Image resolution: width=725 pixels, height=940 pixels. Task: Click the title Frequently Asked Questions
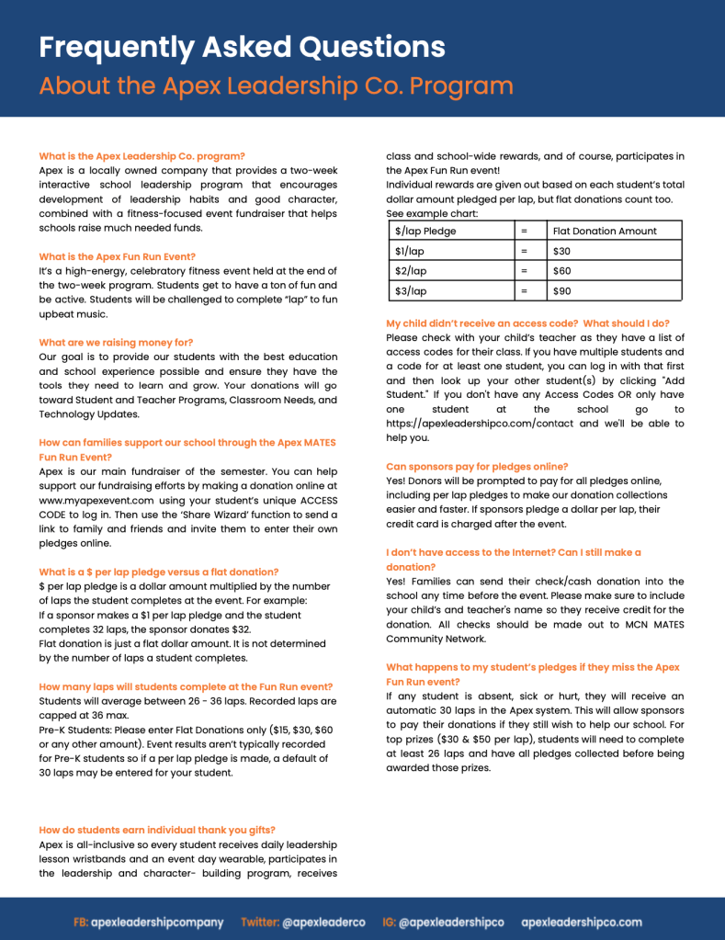[x=242, y=47]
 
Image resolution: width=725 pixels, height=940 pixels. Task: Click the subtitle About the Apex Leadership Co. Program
[x=276, y=86]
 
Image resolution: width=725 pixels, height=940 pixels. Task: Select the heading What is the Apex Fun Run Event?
[x=117, y=256]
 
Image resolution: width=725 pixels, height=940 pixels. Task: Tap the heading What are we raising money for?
[x=116, y=342]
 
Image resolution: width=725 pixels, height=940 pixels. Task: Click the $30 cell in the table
[x=561, y=251]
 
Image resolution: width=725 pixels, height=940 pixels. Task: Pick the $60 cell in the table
[x=561, y=271]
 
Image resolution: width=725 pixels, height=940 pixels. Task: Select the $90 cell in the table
[x=561, y=291]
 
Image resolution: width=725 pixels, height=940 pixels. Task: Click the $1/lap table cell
[x=410, y=251]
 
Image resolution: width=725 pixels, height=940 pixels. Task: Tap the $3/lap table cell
[x=411, y=291]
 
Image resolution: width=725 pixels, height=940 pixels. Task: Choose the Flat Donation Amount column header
[x=605, y=231]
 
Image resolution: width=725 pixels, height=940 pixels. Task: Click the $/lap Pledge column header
[x=425, y=231]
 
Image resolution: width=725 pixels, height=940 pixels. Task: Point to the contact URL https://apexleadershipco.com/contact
[x=480, y=424]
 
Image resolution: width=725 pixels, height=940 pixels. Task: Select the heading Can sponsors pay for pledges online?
[x=477, y=466]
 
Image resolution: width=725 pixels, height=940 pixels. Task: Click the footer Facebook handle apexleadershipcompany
[x=157, y=922]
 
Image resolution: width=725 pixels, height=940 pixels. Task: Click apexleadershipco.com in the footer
[x=582, y=922]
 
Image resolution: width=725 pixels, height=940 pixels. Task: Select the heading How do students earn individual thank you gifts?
[x=157, y=830]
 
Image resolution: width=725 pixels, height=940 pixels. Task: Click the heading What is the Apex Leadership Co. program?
[x=142, y=156]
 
